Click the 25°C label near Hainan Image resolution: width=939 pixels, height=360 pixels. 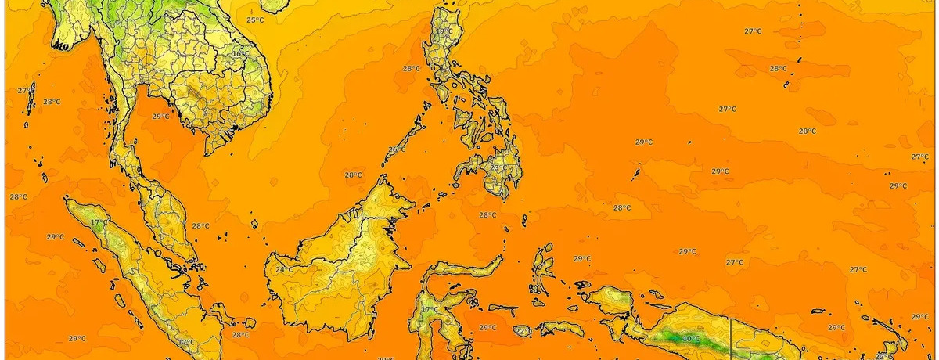(255, 20)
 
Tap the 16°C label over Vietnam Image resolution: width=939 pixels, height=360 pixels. (240, 53)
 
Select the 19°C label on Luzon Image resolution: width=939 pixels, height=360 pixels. (444, 31)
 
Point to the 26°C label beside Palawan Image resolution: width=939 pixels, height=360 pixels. (398, 149)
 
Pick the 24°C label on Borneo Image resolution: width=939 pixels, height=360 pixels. (284, 270)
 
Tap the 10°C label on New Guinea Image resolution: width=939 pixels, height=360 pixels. (691, 339)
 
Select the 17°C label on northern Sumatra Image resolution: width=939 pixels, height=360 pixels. (99, 223)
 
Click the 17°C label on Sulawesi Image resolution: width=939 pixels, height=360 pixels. (430, 310)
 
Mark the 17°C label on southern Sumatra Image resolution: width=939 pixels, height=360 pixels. (185, 343)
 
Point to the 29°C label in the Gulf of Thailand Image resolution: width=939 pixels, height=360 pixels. (160, 117)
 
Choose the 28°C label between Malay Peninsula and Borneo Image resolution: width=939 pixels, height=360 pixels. (201, 226)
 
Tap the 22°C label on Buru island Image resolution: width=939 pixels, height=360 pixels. (523, 332)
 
